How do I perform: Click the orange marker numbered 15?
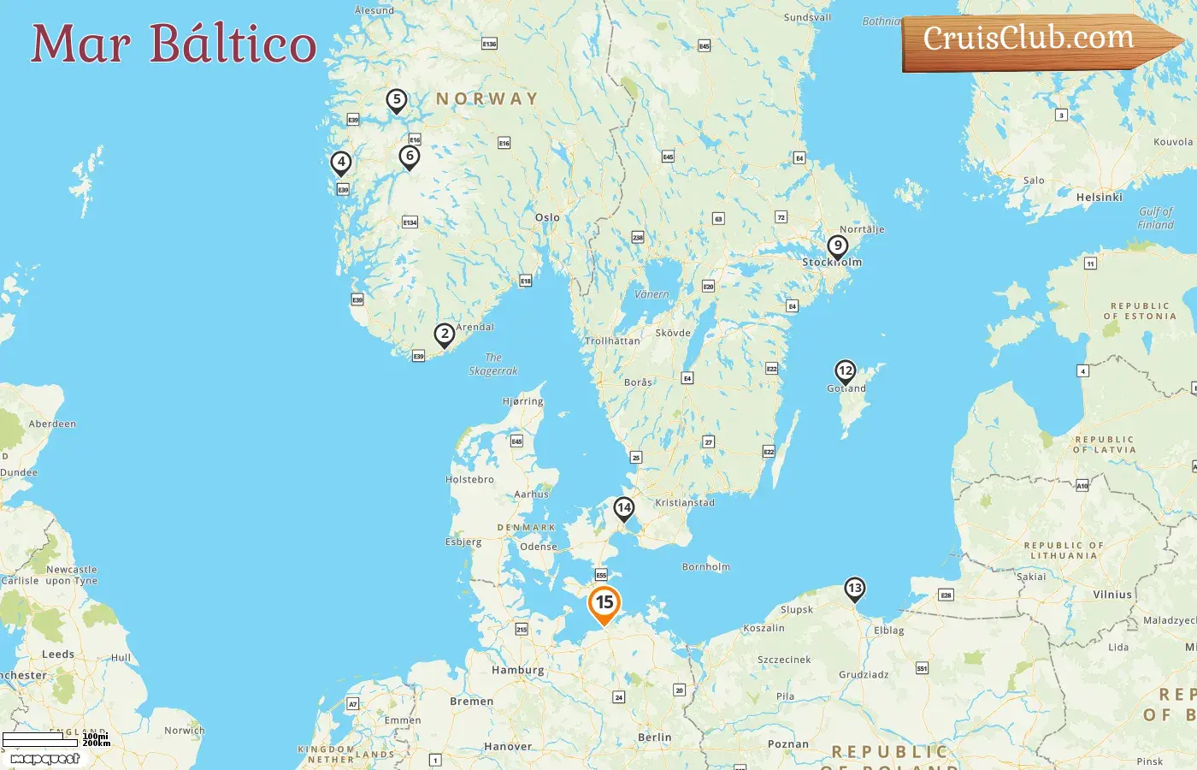(604, 603)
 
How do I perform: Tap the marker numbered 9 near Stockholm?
(838, 246)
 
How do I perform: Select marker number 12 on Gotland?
(846, 371)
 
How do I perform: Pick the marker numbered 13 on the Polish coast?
(854, 589)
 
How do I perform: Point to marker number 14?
(624, 508)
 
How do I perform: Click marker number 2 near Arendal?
(444, 335)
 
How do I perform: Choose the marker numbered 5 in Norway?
(396, 100)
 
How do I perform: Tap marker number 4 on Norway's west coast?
(341, 162)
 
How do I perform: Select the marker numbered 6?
(410, 157)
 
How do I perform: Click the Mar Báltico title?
(174, 44)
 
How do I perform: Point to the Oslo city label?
(547, 217)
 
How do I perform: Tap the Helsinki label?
(1099, 198)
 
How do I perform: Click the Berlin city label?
(654, 737)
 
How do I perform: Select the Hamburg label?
(517, 670)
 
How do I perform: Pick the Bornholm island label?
(706, 567)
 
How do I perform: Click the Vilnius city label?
(1111, 595)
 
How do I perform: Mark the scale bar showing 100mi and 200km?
(56, 739)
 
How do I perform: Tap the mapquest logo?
(44, 759)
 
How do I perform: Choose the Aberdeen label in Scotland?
(52, 424)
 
